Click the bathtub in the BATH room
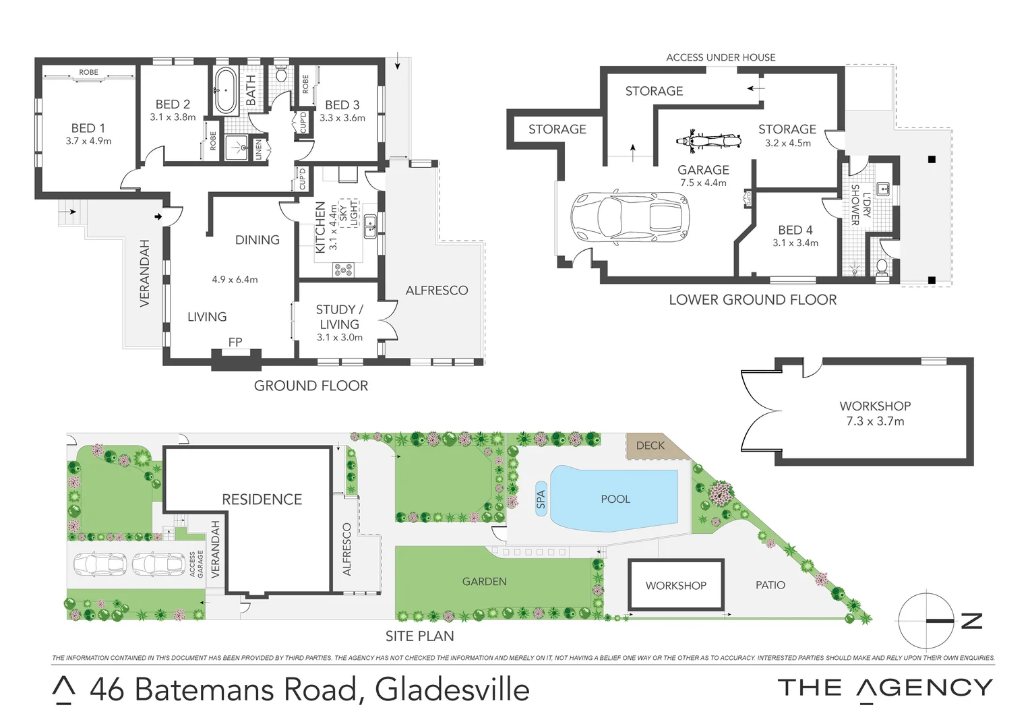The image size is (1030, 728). click(225, 90)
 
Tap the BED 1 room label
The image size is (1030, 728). click(88, 128)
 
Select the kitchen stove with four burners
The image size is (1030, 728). click(343, 270)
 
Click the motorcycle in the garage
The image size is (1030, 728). click(708, 141)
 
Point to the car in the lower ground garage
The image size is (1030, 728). click(630, 217)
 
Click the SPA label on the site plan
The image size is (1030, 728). click(541, 499)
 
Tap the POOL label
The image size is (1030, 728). click(615, 499)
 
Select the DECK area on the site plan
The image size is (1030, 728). click(650, 446)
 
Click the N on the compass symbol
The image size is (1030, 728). click(971, 621)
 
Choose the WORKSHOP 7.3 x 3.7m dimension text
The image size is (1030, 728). click(875, 421)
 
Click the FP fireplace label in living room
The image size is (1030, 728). click(235, 342)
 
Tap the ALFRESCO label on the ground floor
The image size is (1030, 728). click(436, 291)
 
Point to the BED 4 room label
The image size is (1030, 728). click(795, 230)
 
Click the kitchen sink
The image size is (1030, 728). click(370, 227)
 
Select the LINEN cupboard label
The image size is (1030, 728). click(258, 149)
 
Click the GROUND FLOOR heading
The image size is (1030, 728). click(311, 386)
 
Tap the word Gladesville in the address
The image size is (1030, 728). click(452, 690)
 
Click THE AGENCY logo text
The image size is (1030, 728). click(884, 688)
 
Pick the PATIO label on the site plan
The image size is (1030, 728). click(770, 585)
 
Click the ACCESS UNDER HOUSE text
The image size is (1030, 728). click(721, 57)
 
